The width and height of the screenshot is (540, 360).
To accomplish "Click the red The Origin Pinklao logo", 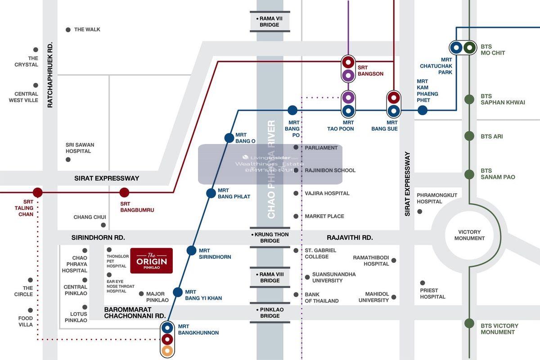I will coord(152,261).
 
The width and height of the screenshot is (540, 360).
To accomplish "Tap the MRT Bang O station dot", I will coord(229,138).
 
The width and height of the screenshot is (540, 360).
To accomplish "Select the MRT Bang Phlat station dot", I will coord(211,193).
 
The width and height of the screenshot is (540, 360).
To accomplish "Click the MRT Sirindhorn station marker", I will coord(192,251).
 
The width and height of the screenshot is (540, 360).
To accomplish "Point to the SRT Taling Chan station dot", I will coord(38,193).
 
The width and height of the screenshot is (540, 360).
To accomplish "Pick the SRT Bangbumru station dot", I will coord(124,193).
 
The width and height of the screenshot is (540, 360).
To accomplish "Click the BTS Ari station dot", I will coord(469,136).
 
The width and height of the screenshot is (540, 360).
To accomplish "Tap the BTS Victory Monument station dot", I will coord(469,323).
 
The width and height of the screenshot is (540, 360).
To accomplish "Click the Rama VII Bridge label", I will coord(270,22).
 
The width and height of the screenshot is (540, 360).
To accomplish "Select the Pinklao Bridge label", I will coord(270,313).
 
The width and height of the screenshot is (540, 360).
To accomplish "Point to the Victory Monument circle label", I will coord(469,235).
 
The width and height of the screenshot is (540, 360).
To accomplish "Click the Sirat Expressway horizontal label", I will coord(107,178).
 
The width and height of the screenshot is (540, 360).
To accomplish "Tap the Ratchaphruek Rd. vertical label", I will coord(50,75).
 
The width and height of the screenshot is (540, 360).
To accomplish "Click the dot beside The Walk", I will coord(68,30).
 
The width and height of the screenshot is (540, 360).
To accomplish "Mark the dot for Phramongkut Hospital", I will coord(420,211).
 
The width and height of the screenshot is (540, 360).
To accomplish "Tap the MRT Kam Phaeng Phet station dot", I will coord(422,110).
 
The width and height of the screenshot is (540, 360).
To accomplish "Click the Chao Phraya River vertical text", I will coord(271,169).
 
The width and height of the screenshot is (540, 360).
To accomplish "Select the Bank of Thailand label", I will coord(321,298).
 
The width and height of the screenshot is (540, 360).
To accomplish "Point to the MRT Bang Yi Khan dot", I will coord(178,292).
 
